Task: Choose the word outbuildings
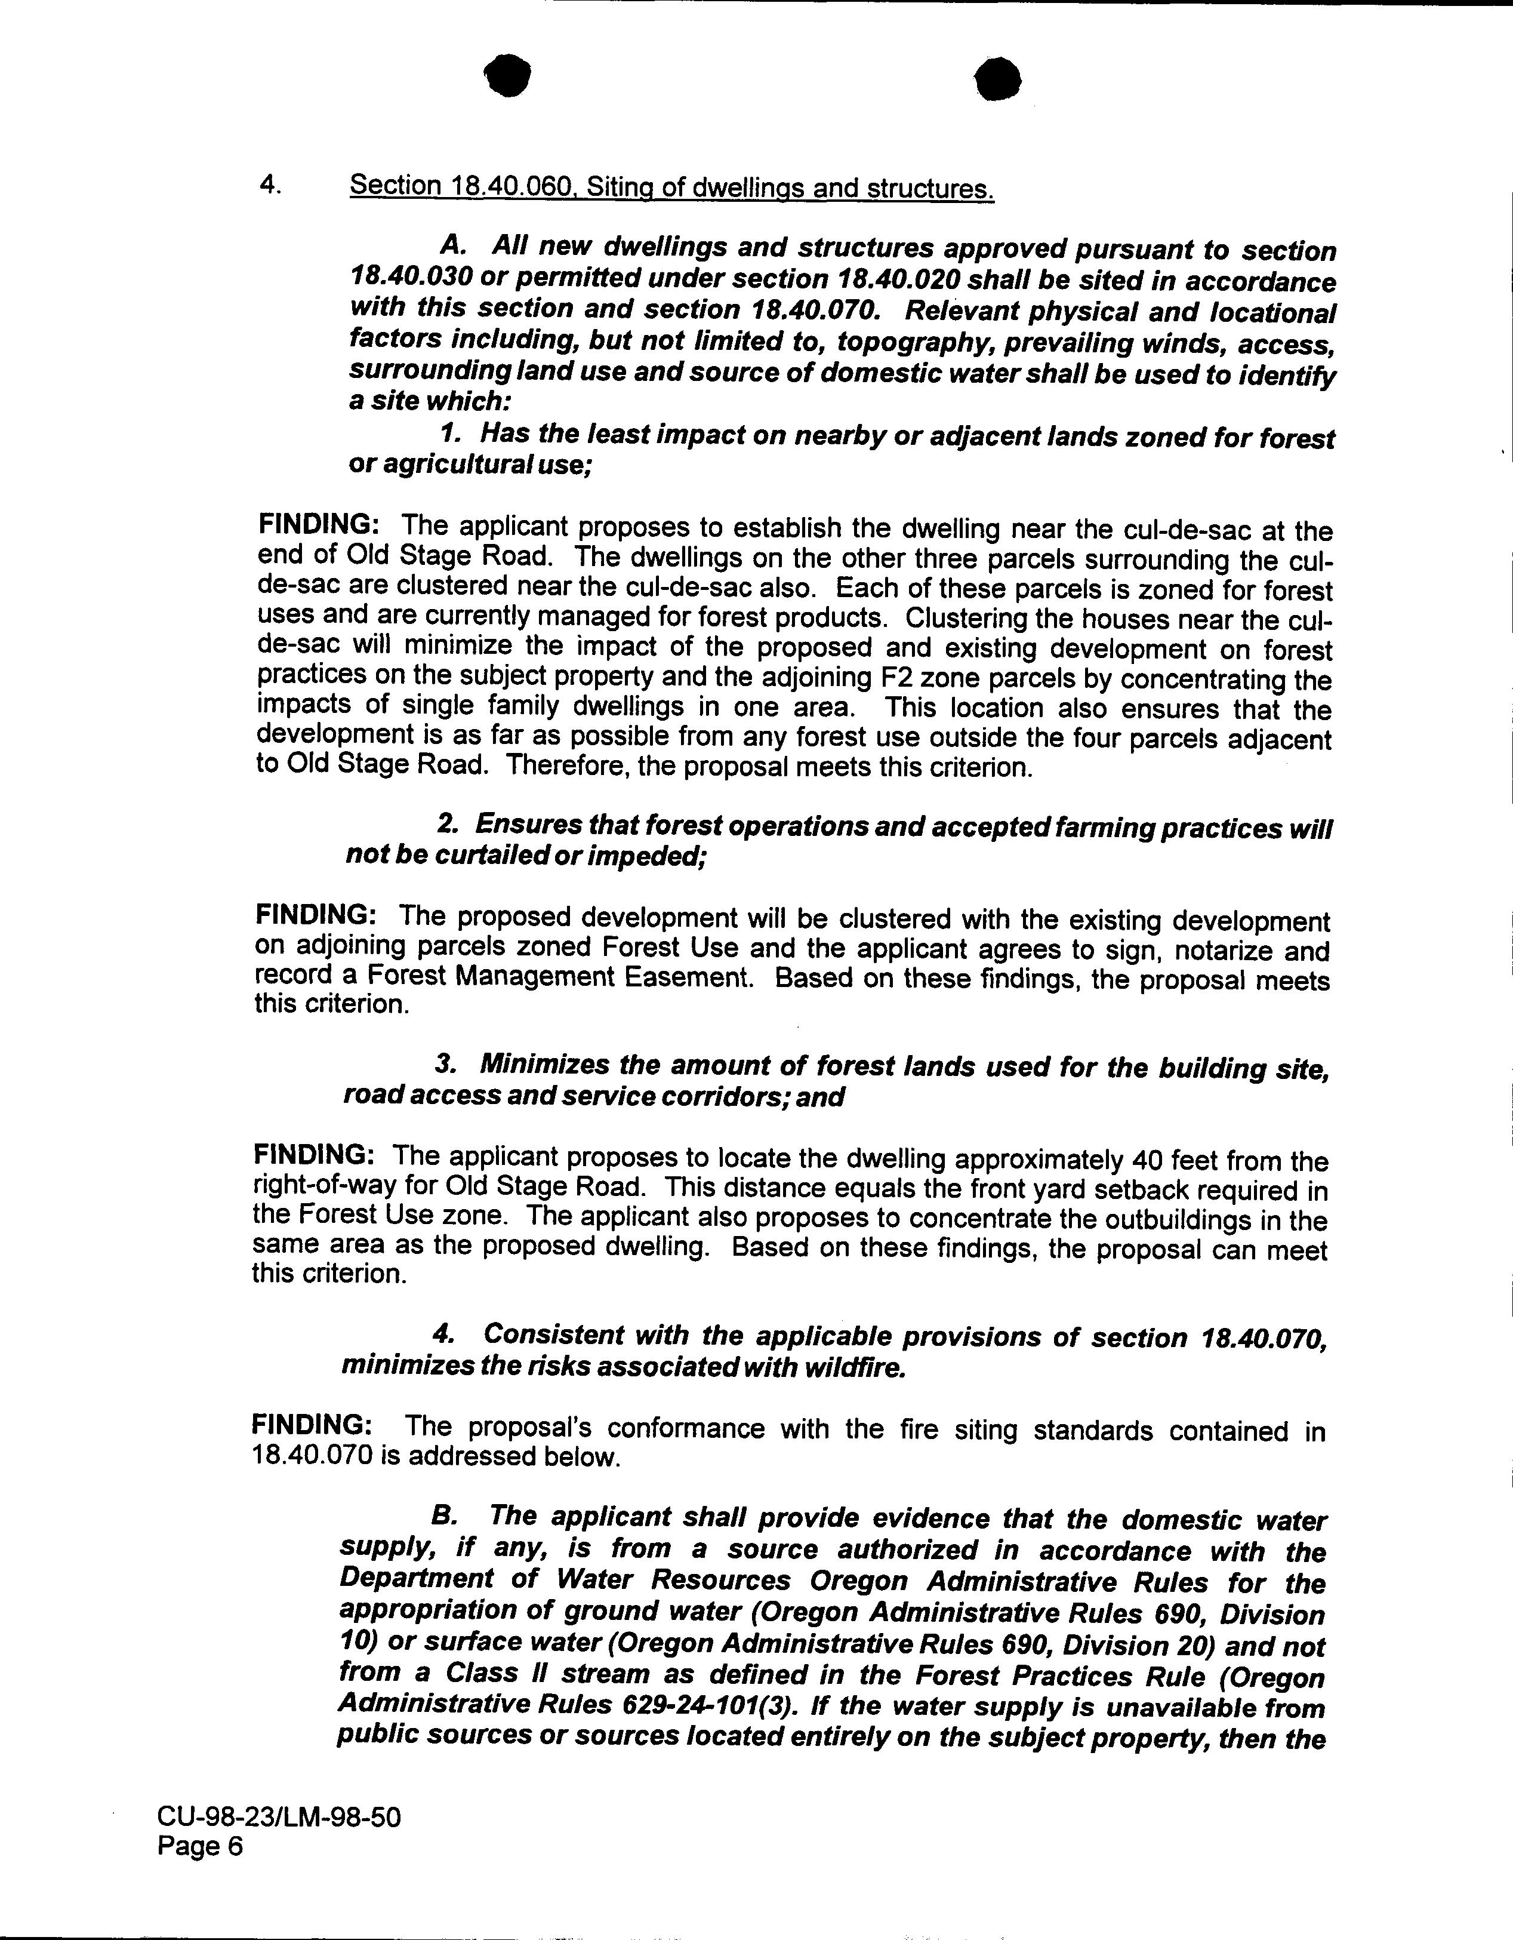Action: (1181, 1220)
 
